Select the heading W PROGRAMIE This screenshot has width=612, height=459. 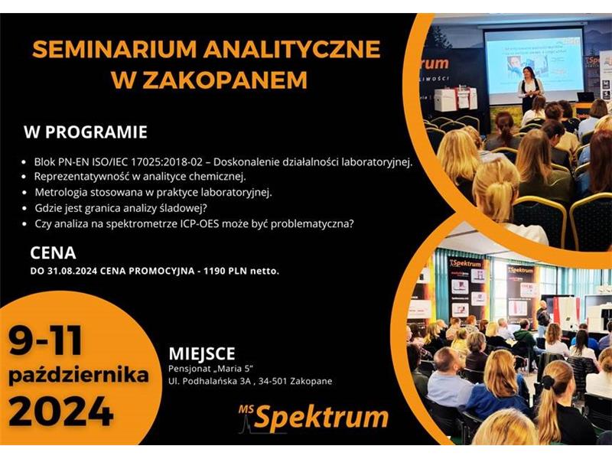[x=86, y=132]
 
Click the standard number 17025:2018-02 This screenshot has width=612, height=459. [x=168, y=161]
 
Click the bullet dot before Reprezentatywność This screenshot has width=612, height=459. [x=24, y=177]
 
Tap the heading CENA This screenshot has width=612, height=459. [x=53, y=253]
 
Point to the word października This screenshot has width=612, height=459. [x=79, y=376]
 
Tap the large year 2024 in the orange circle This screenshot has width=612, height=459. [x=61, y=411]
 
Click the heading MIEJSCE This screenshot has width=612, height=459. [x=202, y=353]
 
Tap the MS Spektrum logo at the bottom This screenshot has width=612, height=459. [x=314, y=417]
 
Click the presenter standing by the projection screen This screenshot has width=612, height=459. [x=531, y=88]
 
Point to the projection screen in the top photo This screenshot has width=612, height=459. [x=534, y=63]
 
